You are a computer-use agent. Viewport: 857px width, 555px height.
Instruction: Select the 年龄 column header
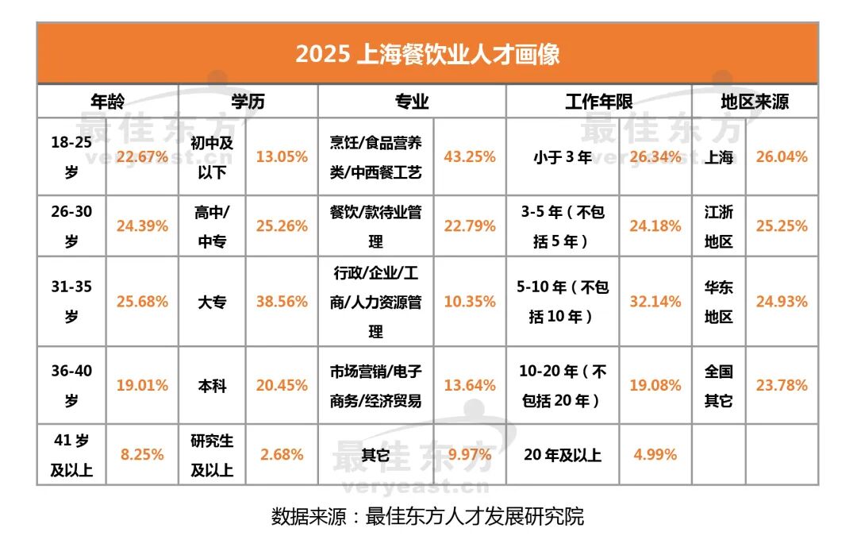(107, 102)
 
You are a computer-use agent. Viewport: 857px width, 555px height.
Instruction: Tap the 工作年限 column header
(598, 102)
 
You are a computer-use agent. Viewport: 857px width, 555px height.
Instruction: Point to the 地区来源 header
(754, 102)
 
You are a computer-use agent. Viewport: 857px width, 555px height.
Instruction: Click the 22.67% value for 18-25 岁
(142, 157)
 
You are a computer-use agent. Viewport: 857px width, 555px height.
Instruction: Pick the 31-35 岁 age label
(71, 302)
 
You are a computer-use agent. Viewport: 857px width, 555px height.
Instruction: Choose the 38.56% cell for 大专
(282, 302)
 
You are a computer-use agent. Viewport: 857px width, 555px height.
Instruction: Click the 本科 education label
(212, 386)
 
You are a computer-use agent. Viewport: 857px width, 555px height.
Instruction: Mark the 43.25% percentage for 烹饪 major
(470, 157)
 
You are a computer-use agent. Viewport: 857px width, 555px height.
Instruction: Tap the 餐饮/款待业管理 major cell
(375, 226)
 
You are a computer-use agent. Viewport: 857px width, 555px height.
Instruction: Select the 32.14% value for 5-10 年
(655, 302)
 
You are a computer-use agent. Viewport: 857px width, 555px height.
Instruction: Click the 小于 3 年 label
(563, 157)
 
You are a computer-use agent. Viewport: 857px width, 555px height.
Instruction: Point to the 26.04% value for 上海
(782, 157)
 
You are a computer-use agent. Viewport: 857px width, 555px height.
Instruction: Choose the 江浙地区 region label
(719, 226)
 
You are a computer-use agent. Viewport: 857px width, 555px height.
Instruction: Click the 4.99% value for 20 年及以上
(655, 455)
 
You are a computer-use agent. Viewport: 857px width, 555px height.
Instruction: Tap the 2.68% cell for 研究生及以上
(282, 455)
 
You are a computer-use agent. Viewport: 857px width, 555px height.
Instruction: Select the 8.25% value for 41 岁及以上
(142, 455)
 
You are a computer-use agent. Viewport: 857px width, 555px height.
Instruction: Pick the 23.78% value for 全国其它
(782, 386)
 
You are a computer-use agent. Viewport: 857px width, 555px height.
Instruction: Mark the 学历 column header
(248, 102)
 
